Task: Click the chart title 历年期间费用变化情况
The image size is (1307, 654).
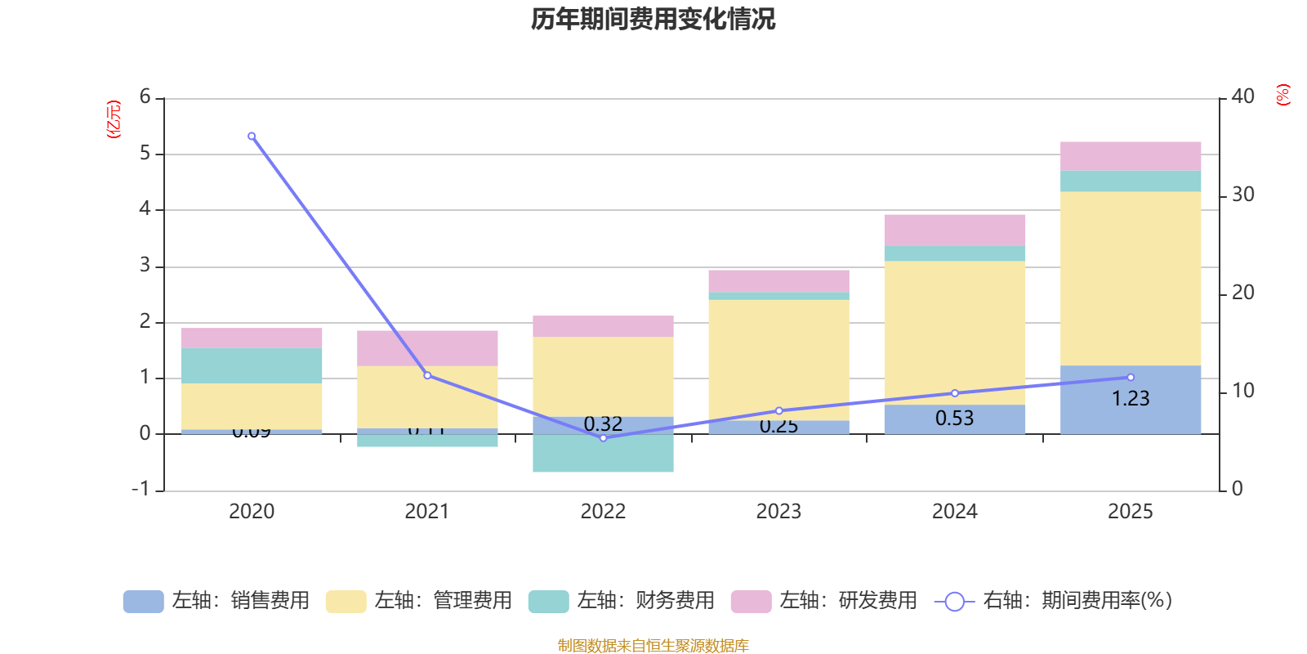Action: [x=653, y=19]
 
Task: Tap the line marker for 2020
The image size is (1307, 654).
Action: [x=252, y=137]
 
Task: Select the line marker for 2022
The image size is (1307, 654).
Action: [x=604, y=438]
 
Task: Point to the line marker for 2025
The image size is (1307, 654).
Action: [x=1131, y=378]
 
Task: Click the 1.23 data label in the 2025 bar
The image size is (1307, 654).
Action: [x=1131, y=399]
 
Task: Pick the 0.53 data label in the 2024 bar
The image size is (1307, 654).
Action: [x=954, y=419]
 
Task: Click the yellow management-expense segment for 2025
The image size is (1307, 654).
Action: [x=1131, y=278]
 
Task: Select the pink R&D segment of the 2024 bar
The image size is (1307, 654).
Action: [x=954, y=231]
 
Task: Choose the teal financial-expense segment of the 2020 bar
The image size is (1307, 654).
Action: [x=252, y=365]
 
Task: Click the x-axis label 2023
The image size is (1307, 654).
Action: [x=778, y=512]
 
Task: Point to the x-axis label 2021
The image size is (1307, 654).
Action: [x=427, y=512]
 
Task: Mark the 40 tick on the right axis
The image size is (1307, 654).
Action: [x=1242, y=97]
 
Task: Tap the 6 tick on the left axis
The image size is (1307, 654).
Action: [x=145, y=97]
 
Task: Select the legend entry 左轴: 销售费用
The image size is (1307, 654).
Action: [x=216, y=601]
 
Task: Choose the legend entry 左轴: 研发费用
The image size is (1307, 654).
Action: [x=824, y=601]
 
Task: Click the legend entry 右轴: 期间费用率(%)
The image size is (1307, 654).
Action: [x=1053, y=601]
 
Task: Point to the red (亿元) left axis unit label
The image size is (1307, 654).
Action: [x=114, y=119]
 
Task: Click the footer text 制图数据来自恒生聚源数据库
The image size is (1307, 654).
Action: [x=653, y=646]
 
